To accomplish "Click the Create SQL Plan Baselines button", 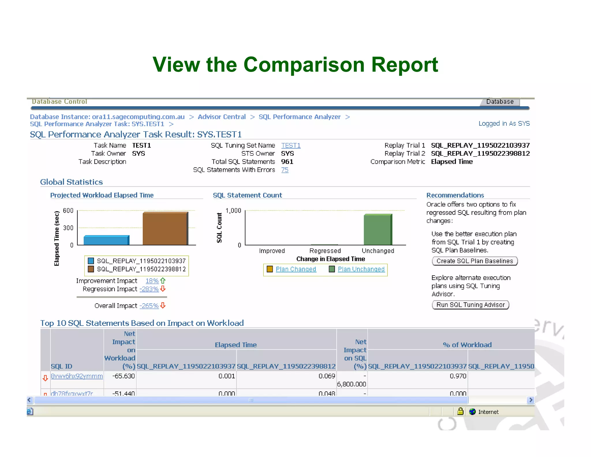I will click(474, 261).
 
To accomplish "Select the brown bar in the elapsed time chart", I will click(165, 229).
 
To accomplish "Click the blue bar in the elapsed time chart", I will click(106, 240).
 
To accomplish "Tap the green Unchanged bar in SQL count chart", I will click(377, 230).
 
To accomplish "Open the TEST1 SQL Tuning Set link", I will click(291, 145).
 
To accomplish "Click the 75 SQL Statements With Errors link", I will click(285, 170).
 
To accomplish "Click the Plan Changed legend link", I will click(296, 269).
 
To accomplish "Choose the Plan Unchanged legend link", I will click(361, 269).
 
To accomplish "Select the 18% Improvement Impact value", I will click(152, 281).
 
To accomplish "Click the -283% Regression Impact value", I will click(149, 289).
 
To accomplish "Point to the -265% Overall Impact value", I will click(149, 306).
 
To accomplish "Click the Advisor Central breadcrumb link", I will click(222, 117).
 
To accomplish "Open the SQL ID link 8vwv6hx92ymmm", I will click(77, 376).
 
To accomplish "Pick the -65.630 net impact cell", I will click(124, 376).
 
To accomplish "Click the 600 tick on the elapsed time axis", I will click(68, 211).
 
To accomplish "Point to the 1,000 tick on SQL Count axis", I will click(233, 211).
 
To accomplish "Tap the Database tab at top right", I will click(500, 102).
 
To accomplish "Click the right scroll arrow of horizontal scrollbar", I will click(530, 400).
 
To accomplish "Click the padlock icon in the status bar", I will click(460, 411).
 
